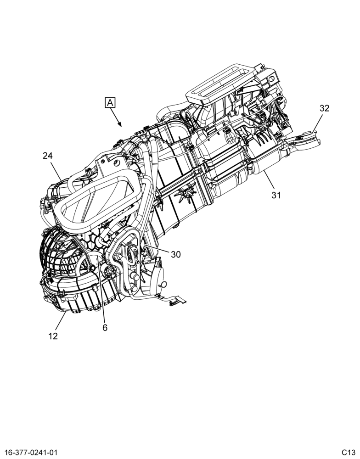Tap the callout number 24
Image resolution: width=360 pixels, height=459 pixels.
[x=47, y=156]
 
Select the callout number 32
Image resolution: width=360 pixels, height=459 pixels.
[x=324, y=108]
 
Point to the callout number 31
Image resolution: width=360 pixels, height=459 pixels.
[x=276, y=195]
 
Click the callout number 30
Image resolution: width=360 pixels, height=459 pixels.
[x=176, y=255]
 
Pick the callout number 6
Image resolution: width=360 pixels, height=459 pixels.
[x=105, y=328]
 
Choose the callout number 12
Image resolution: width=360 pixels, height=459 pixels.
[x=53, y=336]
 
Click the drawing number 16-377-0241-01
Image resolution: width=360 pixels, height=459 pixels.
[x=31, y=452]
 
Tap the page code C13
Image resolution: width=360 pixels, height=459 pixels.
[x=348, y=452]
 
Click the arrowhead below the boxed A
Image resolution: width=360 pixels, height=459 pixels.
[x=120, y=124]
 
